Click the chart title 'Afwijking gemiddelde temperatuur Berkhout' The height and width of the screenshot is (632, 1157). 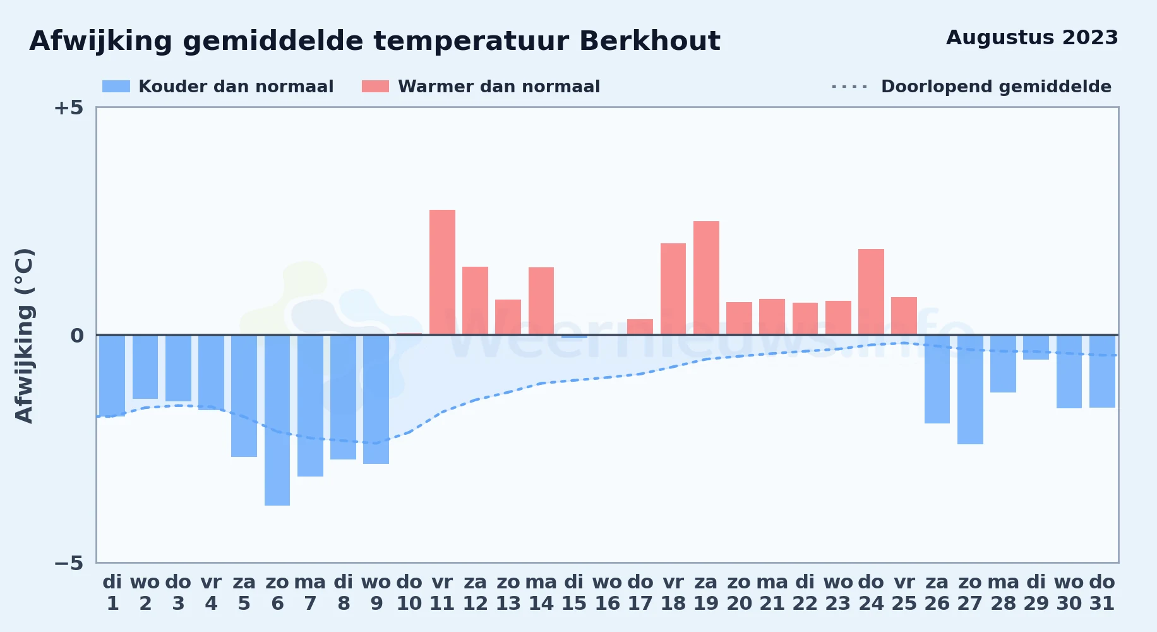[375, 42]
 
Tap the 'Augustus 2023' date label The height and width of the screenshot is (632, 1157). [1032, 38]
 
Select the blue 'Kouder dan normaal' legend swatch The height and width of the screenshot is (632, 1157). [116, 87]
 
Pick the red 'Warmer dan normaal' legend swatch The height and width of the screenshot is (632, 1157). [376, 87]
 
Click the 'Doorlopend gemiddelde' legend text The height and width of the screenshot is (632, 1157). [996, 87]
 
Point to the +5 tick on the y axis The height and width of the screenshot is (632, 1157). [68, 108]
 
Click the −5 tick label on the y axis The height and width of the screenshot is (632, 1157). [68, 563]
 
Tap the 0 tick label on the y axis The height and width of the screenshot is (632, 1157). [76, 336]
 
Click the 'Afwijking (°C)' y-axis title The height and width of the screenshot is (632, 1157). [25, 336]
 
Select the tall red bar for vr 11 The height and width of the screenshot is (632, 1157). [442, 272]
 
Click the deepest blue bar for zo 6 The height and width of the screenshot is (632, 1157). [277, 420]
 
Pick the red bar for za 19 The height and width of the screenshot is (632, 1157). [706, 278]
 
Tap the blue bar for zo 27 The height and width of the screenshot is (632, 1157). [970, 389]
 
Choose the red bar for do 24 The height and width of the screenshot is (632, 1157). [871, 292]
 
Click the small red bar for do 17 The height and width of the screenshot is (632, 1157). [640, 327]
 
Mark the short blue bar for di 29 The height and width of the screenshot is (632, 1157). [1036, 348]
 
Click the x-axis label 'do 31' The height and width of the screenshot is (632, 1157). [1102, 593]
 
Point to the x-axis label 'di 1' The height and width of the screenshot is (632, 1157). [112, 593]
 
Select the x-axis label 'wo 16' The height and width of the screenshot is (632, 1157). [607, 593]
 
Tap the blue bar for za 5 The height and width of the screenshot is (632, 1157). [244, 396]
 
